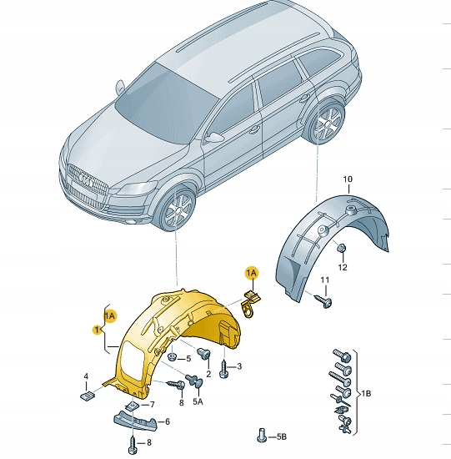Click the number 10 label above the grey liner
click(x=348, y=179)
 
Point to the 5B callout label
click(x=280, y=436)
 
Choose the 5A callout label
click(x=198, y=401)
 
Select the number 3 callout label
click(x=238, y=366)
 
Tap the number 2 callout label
click(x=208, y=374)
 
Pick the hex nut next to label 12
click(x=342, y=248)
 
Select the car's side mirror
click(x=216, y=137)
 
